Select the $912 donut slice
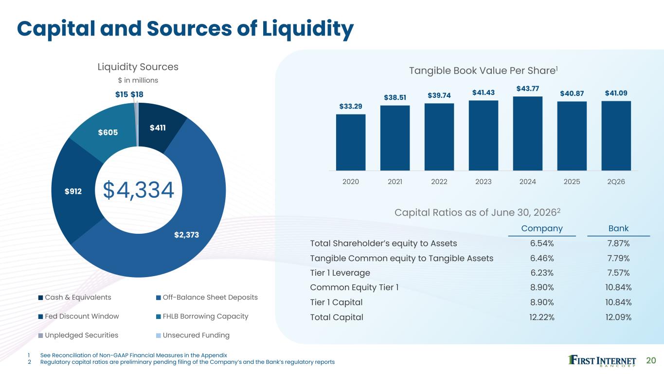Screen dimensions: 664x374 click(73, 191)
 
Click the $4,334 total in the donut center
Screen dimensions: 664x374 click(139, 190)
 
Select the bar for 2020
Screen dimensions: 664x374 click(351, 143)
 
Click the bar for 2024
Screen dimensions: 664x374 click(528, 133)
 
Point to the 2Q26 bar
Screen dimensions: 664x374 click(616, 136)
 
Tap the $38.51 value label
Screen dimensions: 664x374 click(395, 97)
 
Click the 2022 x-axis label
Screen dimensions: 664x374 click(439, 182)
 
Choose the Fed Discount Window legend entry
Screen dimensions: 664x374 click(78, 317)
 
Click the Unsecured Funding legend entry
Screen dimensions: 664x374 click(193, 336)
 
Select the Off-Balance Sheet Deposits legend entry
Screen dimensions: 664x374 click(207, 298)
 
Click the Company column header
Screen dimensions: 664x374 click(542, 228)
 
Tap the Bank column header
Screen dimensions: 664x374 click(618, 228)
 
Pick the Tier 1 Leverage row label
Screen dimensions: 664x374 click(340, 273)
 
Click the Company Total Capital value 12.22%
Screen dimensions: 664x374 click(542, 318)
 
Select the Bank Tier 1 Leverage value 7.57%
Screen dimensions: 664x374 click(618, 273)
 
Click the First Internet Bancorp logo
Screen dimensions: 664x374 click(602, 361)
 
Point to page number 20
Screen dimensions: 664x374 click(651, 360)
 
